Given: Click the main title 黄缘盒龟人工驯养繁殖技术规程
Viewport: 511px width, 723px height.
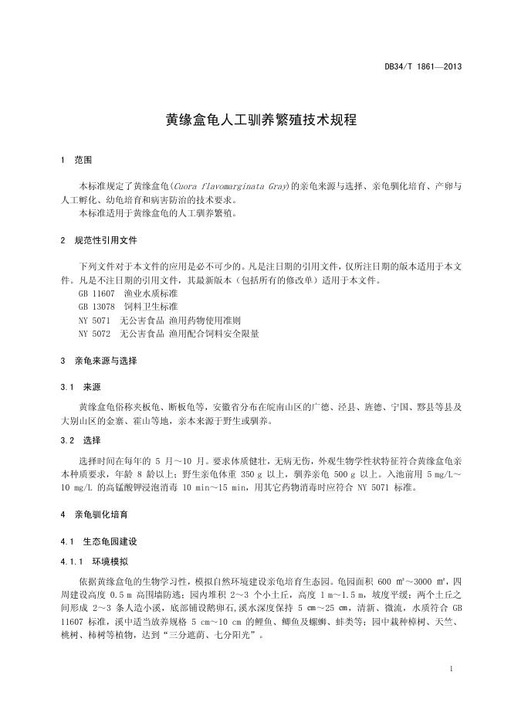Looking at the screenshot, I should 255,121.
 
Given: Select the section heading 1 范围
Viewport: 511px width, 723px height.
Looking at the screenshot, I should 76,161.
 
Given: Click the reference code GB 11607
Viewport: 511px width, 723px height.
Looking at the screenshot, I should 95,295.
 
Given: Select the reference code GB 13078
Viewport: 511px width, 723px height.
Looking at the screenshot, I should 95,307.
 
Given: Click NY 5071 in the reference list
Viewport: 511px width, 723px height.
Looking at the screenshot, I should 94,321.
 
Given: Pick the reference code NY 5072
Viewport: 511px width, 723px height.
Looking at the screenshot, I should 94,334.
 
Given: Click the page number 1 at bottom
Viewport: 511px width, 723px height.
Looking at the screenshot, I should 452,668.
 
